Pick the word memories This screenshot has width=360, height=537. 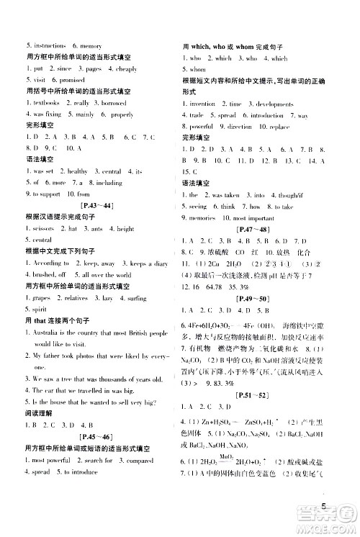[205, 217]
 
